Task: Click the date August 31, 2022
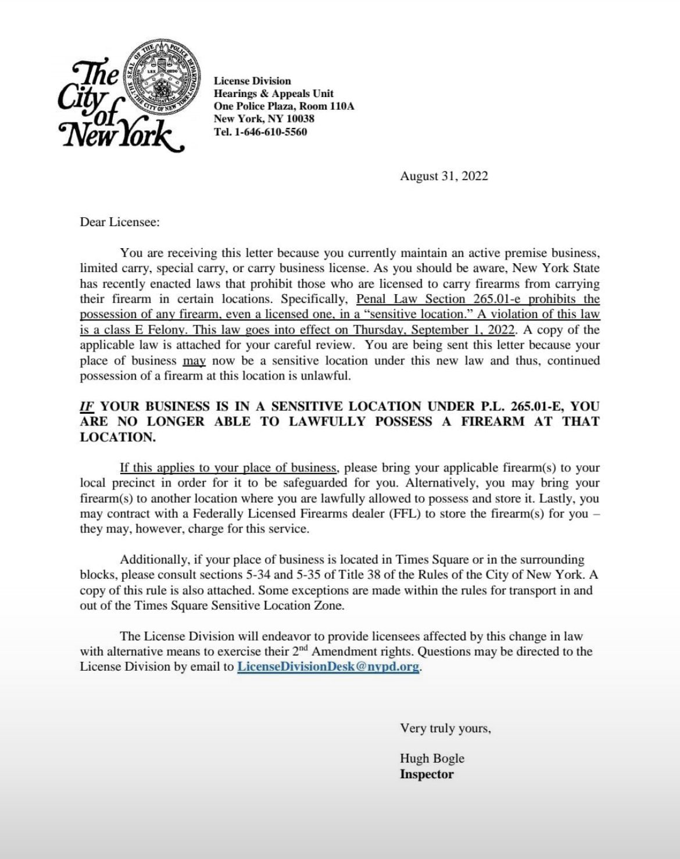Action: [444, 176]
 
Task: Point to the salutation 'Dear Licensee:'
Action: [120, 223]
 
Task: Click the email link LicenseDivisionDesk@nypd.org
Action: [328, 667]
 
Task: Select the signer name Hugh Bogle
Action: [432, 758]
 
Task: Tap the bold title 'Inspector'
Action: [427, 774]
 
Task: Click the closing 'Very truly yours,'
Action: [445, 728]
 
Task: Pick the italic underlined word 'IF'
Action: [87, 406]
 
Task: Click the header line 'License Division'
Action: [252, 81]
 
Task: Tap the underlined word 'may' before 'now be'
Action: [194, 360]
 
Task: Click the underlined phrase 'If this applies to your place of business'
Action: [228, 468]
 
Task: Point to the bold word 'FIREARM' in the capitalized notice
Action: [493, 421]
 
